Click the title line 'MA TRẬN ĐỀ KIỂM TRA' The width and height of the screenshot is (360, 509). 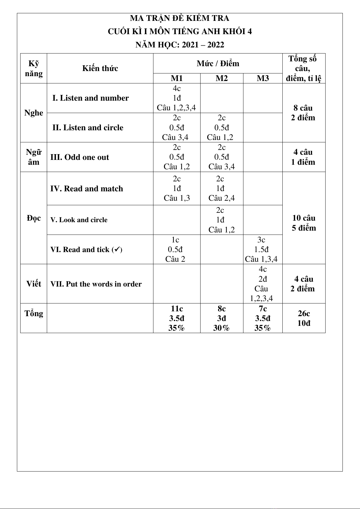180,18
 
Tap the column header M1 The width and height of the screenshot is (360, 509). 177,78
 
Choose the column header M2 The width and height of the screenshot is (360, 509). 222,78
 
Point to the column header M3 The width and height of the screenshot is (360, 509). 262,78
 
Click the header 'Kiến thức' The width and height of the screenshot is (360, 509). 100,68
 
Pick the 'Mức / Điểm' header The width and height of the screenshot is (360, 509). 218,63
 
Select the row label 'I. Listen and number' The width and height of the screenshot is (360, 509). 90,98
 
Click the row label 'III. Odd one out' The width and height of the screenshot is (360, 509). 79,157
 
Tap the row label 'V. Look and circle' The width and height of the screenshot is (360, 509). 79,220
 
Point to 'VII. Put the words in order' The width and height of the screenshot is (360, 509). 96,284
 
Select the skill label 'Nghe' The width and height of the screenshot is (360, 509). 34,113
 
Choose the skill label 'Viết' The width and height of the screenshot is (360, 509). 34,284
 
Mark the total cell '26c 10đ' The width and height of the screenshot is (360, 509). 304,318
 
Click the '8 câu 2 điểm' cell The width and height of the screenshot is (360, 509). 303,113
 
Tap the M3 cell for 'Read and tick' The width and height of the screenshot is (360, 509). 262,249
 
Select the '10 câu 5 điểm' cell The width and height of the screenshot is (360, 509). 304,223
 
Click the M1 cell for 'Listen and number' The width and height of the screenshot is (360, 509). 177,98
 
